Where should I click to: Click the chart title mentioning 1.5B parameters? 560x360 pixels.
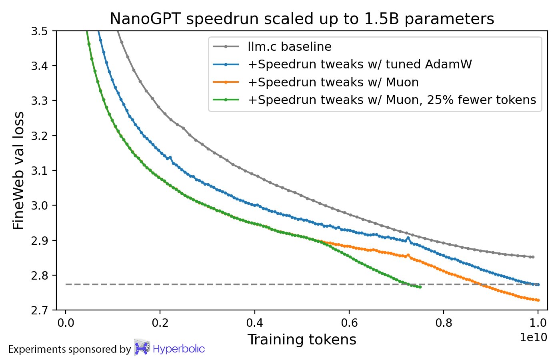point(302,19)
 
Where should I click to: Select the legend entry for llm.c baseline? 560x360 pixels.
point(290,47)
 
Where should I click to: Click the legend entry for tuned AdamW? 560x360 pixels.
point(360,64)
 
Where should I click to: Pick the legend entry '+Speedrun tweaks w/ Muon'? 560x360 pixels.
point(333,82)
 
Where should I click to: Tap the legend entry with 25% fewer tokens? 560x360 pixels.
point(392,100)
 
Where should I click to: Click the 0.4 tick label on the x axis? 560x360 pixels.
point(254,323)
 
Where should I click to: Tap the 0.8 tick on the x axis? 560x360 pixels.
point(443,323)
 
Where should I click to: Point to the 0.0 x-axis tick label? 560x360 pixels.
point(66,323)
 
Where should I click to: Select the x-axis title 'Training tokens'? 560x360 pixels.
point(302,340)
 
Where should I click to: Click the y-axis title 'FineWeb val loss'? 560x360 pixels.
point(19,171)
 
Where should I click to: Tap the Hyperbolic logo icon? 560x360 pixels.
point(142,348)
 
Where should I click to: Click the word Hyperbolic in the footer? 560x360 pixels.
point(179,349)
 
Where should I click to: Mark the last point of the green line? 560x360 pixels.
point(420,287)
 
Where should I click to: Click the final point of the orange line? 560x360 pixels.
point(538,300)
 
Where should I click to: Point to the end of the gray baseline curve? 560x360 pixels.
point(533,257)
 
